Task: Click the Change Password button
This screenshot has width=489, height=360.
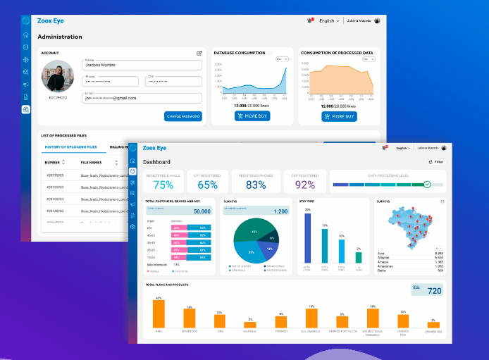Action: [183, 116]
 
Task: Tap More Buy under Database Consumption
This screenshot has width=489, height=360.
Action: [253, 116]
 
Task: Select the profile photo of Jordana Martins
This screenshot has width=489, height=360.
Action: [56, 76]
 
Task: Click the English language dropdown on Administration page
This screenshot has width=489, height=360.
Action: [329, 21]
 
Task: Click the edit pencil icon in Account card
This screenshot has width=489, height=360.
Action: [199, 53]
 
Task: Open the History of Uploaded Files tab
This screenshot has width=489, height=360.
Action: [71, 147]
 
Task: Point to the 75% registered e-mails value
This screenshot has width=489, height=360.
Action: [163, 185]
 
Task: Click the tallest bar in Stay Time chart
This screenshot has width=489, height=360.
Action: [307, 238]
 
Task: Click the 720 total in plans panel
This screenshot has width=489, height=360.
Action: [434, 290]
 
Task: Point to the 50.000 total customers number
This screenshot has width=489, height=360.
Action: [202, 211]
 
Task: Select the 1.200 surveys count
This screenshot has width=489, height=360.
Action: [280, 211]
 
